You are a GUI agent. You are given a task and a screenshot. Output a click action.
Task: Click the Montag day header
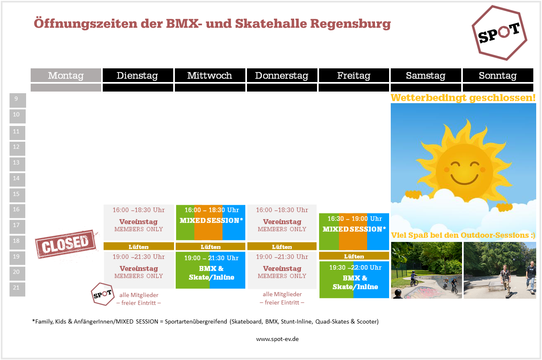pos(66,75)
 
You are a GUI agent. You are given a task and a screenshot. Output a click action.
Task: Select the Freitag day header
pos(354,75)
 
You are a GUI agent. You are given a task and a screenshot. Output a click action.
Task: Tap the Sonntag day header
pos(498,75)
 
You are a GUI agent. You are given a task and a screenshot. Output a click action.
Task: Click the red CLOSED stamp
pos(66,244)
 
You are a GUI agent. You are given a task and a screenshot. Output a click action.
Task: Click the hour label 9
pos(16,99)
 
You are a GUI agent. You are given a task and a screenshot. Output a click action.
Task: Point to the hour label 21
pos(16,288)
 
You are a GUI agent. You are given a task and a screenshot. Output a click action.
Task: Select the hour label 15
pos(16,194)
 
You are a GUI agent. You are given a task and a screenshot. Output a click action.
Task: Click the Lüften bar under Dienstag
pos(139,246)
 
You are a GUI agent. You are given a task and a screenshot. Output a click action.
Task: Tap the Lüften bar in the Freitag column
pos(354,256)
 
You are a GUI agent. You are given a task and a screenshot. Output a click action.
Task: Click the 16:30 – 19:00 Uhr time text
pos(355,219)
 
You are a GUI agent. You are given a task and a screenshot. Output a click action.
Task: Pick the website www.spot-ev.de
pos(277,339)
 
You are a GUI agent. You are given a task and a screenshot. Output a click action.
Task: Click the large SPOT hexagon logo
pos(499,33)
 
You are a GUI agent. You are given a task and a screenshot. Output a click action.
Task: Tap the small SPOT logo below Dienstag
pos(103,294)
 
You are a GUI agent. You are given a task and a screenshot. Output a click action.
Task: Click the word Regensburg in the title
pos(351,24)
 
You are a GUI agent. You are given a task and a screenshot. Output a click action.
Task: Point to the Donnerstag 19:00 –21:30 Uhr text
pos(282,257)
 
